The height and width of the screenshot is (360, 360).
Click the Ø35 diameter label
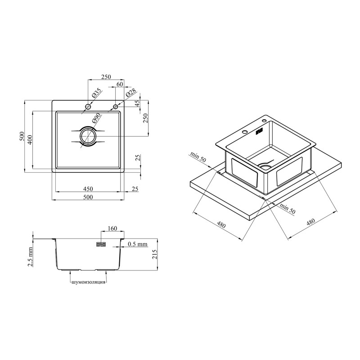pos(97,93)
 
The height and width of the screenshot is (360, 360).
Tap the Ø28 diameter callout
pos(131,93)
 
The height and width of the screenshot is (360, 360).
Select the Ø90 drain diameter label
pos(96,118)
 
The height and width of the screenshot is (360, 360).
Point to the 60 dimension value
pos(120,84)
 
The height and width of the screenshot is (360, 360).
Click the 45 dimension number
pos(137,103)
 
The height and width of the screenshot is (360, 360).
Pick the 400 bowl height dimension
pos(30,140)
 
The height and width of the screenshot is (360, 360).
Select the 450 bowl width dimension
pos(88,189)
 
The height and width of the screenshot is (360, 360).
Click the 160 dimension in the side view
pos(112,229)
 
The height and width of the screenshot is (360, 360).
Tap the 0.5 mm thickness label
pos(138,244)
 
